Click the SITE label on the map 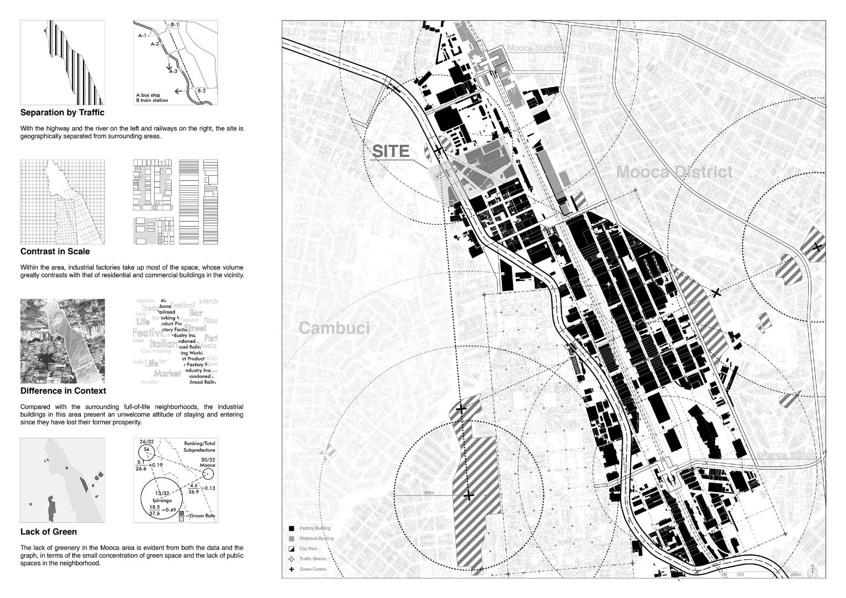[x=390, y=152]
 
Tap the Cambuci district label [x=334, y=328]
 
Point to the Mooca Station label [x=534, y=48]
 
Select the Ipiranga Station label [x=786, y=455]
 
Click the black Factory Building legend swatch [x=291, y=529]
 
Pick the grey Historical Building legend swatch [x=291, y=539]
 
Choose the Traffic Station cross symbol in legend [x=291, y=559]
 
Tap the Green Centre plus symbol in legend [x=291, y=570]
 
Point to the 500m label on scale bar [x=795, y=575]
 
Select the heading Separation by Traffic [x=62, y=113]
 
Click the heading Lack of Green [x=48, y=532]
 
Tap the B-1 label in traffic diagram [x=174, y=25]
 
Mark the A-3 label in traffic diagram [x=173, y=71]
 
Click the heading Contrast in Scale [x=55, y=252]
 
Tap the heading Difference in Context [x=63, y=391]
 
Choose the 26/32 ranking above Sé [x=146, y=442]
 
